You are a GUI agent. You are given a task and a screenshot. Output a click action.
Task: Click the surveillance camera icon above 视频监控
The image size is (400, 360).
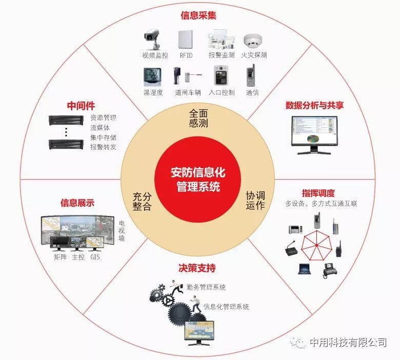[152, 39]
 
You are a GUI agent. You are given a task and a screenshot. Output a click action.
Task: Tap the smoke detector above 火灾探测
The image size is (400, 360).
[253, 41]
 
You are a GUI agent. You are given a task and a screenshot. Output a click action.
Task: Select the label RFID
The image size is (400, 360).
[186, 55]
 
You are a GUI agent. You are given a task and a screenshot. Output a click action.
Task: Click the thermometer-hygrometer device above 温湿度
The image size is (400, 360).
[152, 77]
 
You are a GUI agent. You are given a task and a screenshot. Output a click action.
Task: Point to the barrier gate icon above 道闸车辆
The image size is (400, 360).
[188, 76]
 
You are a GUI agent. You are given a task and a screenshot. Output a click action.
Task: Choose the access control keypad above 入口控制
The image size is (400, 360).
[221, 75]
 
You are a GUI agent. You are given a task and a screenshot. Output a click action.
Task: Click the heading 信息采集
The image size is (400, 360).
[198, 15]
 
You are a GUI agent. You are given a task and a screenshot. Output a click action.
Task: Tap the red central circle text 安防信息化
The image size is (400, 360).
[198, 172]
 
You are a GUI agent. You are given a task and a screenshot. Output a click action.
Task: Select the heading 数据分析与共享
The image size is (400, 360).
[314, 105]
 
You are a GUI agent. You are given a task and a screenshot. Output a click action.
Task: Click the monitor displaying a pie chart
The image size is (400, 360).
[315, 135]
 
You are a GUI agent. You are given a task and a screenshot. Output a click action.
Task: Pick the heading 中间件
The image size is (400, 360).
[81, 106]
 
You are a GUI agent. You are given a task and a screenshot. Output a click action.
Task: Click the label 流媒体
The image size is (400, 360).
[100, 128]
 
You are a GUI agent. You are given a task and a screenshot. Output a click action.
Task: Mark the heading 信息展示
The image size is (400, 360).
[77, 203]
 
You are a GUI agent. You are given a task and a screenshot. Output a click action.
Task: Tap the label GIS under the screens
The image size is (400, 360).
[95, 257]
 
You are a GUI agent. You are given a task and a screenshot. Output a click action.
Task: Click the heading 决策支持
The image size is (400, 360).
[197, 268]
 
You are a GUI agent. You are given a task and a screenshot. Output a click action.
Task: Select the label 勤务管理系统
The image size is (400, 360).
[206, 287]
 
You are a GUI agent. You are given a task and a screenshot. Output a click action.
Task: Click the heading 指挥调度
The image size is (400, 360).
[318, 193]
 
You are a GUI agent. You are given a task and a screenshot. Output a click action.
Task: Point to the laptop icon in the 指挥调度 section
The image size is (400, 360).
[305, 269]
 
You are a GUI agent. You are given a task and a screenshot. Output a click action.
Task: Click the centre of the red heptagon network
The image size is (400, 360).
[316, 245]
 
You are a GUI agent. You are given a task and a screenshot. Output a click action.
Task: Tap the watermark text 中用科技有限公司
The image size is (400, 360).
[348, 342]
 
